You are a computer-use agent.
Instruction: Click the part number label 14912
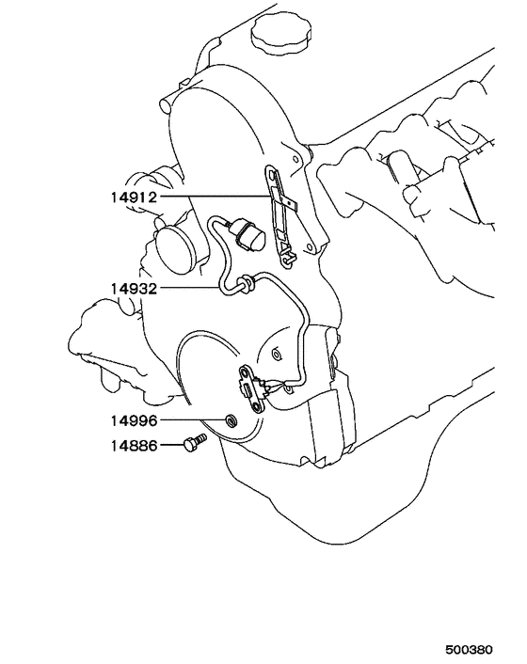click(x=134, y=197)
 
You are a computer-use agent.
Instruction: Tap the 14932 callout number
click(x=134, y=289)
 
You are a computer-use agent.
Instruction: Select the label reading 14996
click(x=134, y=420)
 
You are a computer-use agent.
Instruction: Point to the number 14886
click(x=134, y=446)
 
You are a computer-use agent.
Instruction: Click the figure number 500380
click(x=469, y=649)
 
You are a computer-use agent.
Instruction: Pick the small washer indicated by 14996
click(x=231, y=421)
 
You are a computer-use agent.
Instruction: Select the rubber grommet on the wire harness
click(x=245, y=284)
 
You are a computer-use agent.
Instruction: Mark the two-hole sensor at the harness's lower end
click(x=253, y=388)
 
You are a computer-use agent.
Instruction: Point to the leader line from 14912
click(x=216, y=197)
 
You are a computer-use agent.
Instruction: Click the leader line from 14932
click(x=189, y=289)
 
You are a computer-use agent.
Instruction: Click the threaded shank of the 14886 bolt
click(x=201, y=438)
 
